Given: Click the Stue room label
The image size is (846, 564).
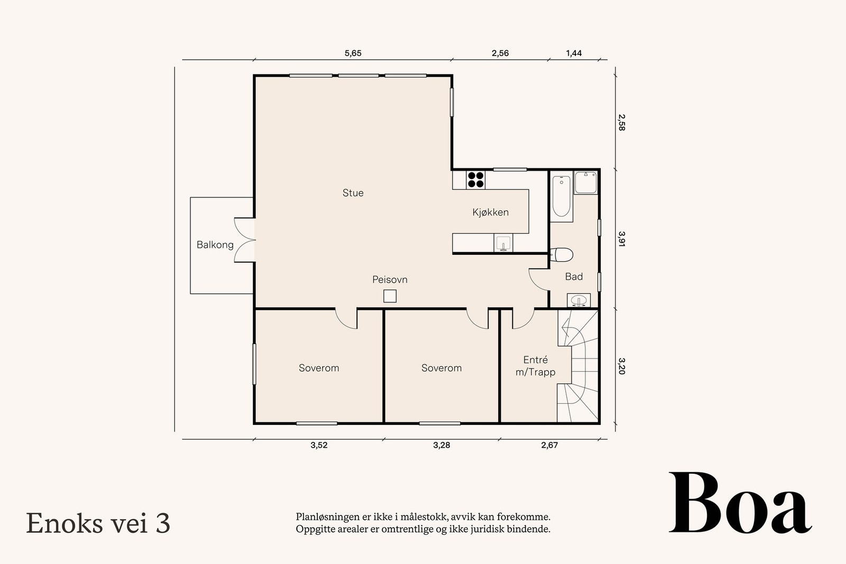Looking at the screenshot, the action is (x=353, y=193).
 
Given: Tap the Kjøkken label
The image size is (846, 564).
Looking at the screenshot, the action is (x=490, y=212).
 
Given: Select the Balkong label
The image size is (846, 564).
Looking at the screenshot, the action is (x=215, y=245).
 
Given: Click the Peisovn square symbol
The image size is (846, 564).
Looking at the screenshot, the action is (x=390, y=296).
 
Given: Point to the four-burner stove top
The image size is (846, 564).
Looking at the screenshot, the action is (x=475, y=180).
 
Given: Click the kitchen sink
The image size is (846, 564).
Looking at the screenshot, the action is (x=503, y=243).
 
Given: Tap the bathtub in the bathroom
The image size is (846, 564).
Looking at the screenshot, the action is (x=562, y=196).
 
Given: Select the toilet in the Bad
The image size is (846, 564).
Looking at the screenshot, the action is (x=562, y=254).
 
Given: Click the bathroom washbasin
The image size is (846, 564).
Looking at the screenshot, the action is (x=578, y=300).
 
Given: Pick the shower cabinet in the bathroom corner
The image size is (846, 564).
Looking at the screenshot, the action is (x=586, y=183).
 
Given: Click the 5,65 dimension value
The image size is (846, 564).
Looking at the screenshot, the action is (x=353, y=53).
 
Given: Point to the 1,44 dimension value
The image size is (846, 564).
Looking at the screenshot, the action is (x=574, y=53).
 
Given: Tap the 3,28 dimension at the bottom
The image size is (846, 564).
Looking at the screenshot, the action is (x=442, y=445).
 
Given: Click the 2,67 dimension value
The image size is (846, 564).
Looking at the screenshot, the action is (x=549, y=445).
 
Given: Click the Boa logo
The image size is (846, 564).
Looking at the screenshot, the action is (x=741, y=503).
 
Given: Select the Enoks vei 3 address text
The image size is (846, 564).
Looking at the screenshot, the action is (x=98, y=523).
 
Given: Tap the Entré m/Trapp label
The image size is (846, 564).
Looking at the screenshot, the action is (x=535, y=366).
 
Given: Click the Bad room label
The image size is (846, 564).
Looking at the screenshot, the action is (x=574, y=277).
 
